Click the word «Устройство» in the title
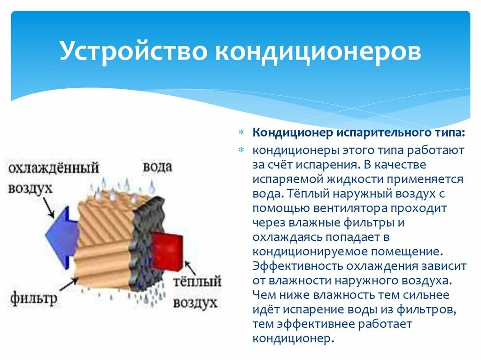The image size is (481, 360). tap(134, 52)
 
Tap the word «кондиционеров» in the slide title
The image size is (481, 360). tap(318, 52)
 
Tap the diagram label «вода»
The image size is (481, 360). tap(157, 167)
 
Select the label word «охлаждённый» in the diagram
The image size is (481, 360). tap(54, 168)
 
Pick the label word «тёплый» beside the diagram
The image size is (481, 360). tap(197, 282)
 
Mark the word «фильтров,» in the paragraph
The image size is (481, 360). tap(426, 310)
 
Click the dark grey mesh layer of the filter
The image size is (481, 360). tap(149, 244)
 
